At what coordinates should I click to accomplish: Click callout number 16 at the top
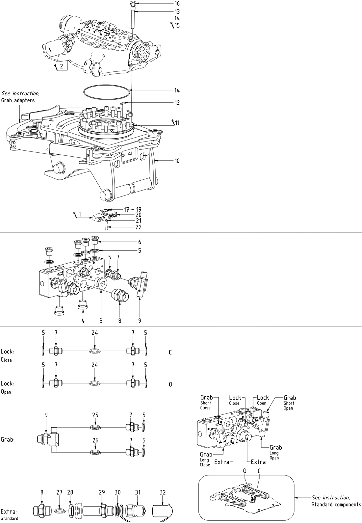click(x=177, y=4)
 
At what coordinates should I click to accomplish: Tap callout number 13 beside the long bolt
click(x=177, y=12)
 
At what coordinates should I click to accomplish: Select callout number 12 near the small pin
click(x=177, y=103)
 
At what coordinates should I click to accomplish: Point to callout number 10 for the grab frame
click(x=177, y=161)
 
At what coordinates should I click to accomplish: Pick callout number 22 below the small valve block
click(x=139, y=227)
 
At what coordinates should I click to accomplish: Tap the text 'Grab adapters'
click(x=18, y=100)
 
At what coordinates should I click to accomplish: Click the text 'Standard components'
click(x=336, y=505)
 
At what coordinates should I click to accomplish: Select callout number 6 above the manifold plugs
click(x=140, y=242)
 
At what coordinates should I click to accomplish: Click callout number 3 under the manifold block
click(x=101, y=320)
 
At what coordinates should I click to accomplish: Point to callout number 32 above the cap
click(x=162, y=492)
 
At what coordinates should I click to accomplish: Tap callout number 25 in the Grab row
click(x=95, y=415)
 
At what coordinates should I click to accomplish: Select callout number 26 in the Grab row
click(x=95, y=440)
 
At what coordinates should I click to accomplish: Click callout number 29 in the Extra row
click(x=102, y=492)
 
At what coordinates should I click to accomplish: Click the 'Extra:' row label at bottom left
click(x=9, y=511)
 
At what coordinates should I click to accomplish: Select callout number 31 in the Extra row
click(x=138, y=492)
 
